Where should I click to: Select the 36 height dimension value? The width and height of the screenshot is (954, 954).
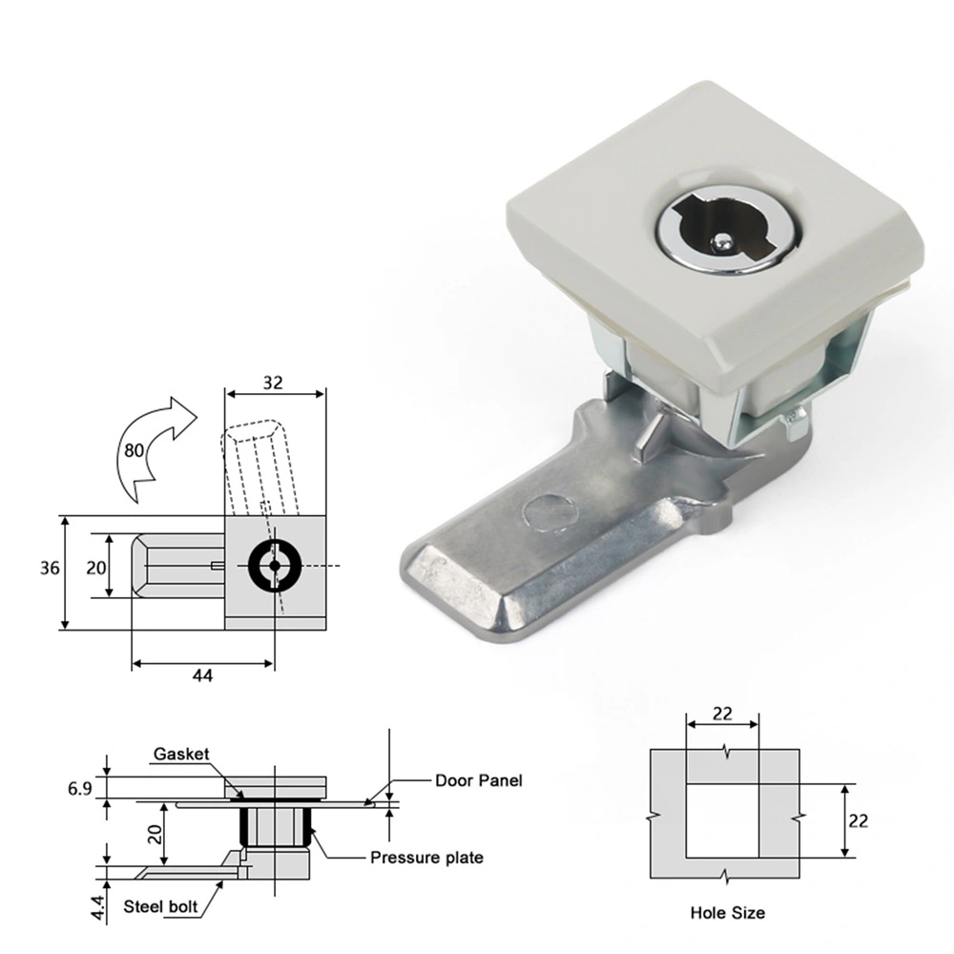[x=51, y=569]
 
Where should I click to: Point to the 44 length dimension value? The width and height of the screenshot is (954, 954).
[x=202, y=675]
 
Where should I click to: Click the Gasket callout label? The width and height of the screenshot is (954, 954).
[x=181, y=754]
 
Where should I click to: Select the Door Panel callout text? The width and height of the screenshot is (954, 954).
[x=479, y=780]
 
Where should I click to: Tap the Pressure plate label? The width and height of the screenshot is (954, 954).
[x=426, y=858]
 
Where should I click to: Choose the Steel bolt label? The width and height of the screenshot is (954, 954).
[x=161, y=906]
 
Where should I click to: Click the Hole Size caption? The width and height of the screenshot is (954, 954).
[x=727, y=913]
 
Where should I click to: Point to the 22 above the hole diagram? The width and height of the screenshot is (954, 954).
[x=722, y=713]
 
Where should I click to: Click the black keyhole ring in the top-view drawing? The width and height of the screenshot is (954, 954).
[x=275, y=566]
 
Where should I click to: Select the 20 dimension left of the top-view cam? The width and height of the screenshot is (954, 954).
[x=94, y=568]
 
